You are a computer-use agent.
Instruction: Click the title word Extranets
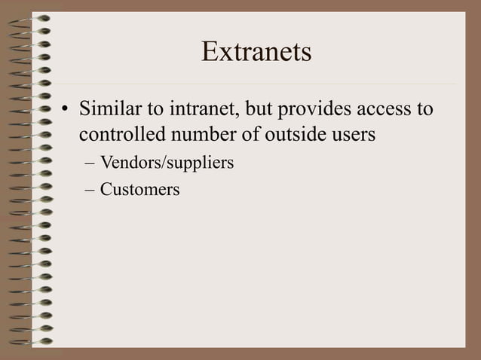tap(256, 53)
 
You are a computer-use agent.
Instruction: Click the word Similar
tap(107, 110)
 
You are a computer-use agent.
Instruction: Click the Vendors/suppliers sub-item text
tap(167, 163)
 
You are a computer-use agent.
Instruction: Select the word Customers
tap(139, 189)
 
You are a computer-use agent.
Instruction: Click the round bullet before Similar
tap(66, 111)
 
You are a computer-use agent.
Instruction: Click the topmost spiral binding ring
tap(36, 17)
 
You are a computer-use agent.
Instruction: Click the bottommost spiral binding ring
tap(36, 340)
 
